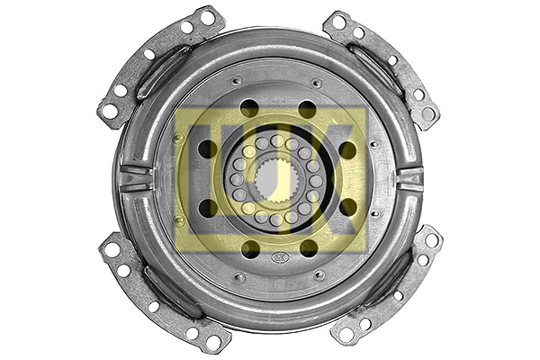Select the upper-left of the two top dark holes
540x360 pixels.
[249, 109]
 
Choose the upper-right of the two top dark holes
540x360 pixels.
[307, 109]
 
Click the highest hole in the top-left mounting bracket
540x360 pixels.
[208, 17]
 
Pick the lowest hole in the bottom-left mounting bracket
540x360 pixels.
[212, 341]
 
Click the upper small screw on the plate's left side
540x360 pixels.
[179, 138]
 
